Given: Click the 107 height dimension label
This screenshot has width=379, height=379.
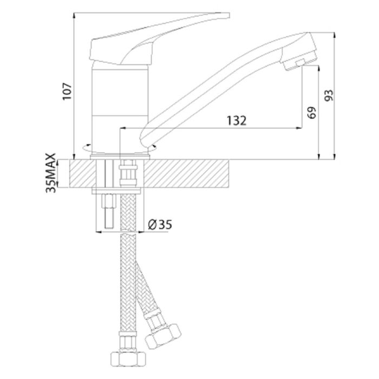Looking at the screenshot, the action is tap(67, 91).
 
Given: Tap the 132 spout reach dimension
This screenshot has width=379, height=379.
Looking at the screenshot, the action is tap(237, 120).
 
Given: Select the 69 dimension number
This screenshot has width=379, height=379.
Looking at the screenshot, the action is tap(311, 113).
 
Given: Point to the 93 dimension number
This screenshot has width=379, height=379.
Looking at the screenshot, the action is tap(329, 95).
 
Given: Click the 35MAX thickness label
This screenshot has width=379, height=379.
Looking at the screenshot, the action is tap(51, 173).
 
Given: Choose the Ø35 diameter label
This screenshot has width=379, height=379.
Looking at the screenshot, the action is tap(160, 225).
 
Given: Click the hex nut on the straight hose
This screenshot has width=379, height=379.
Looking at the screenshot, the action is tap(128, 360).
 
